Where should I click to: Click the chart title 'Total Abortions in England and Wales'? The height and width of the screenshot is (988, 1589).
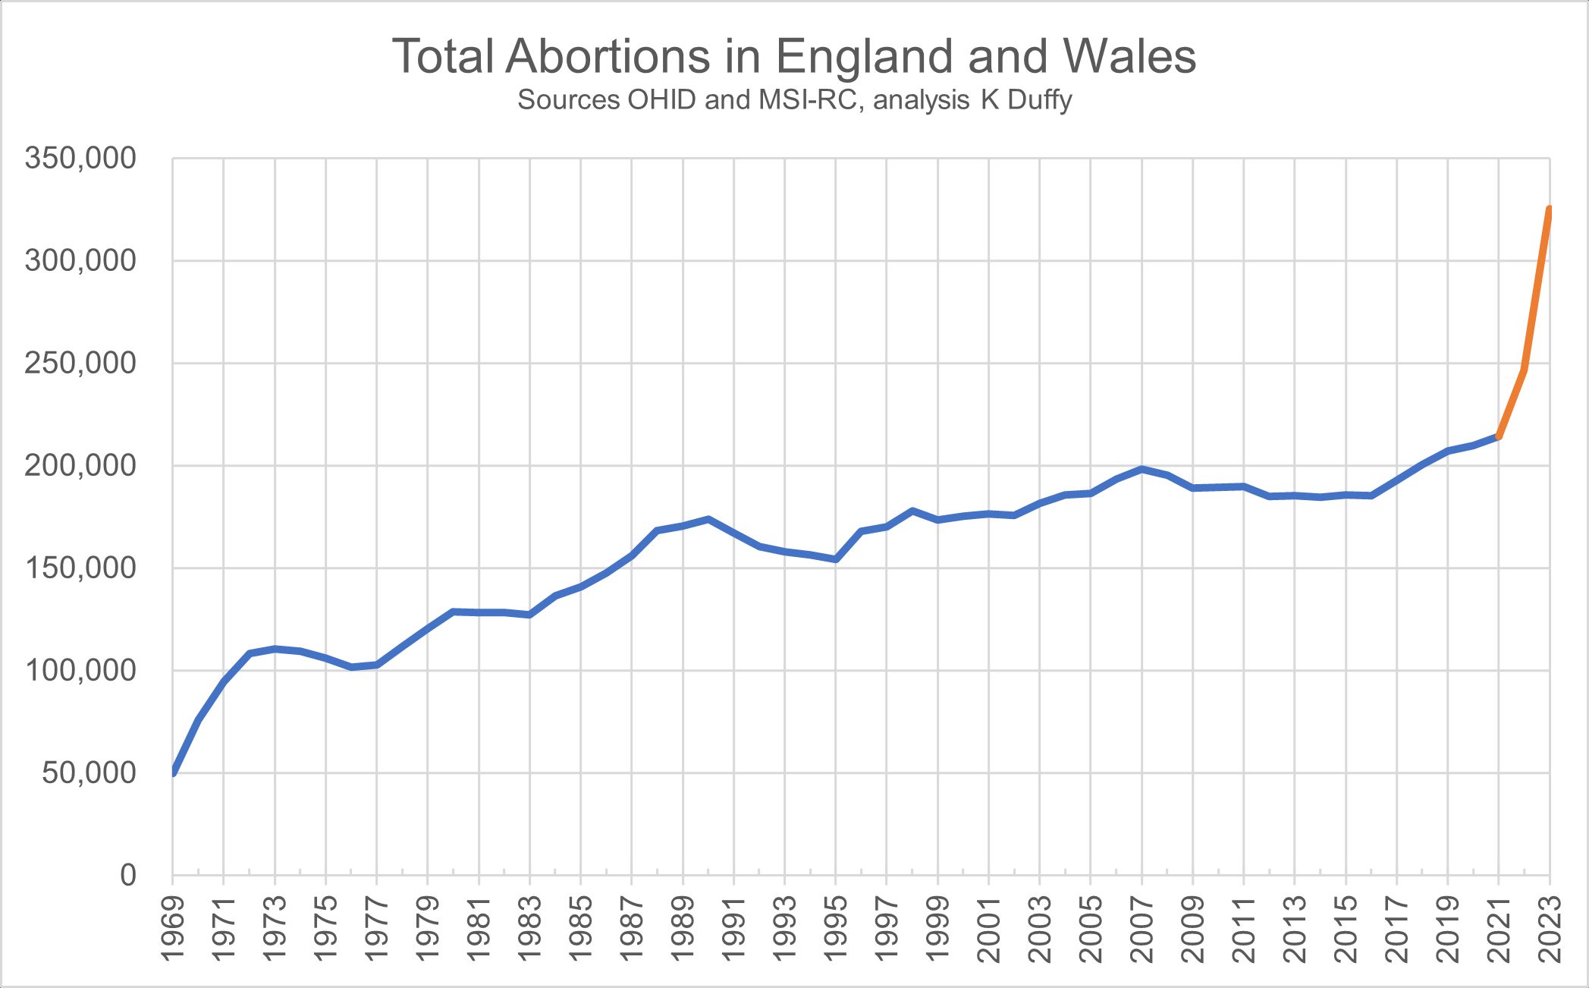(x=793, y=56)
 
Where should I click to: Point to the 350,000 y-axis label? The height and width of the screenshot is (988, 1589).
(x=80, y=159)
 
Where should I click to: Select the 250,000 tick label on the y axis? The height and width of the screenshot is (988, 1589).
(x=80, y=363)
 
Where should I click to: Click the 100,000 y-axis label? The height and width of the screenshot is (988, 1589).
(x=80, y=671)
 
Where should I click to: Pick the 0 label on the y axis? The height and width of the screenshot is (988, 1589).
(x=127, y=875)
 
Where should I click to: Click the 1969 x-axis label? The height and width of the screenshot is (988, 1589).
(x=173, y=929)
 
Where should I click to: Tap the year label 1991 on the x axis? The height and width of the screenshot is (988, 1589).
(x=734, y=929)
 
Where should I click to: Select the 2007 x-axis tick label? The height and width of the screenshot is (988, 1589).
(x=1142, y=929)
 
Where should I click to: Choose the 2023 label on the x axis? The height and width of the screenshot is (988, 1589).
(x=1550, y=929)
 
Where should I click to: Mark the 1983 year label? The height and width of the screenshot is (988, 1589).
(x=530, y=929)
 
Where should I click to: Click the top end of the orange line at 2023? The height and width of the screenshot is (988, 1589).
(x=1550, y=209)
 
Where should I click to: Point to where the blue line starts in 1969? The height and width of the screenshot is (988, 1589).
(x=174, y=772)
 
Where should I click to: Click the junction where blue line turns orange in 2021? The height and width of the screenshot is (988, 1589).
(x=1499, y=436)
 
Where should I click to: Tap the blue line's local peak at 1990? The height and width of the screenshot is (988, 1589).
(x=708, y=519)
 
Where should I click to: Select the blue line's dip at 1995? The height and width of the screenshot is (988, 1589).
(x=836, y=559)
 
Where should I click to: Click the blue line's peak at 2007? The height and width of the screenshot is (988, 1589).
(x=1142, y=469)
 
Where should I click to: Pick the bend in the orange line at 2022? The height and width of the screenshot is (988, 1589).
(x=1525, y=370)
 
